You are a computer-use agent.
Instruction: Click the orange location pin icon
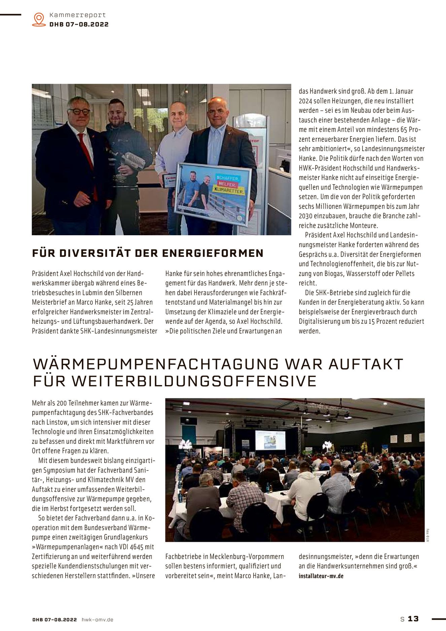(x=39, y=19)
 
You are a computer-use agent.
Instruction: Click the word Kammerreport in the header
(x=78, y=15)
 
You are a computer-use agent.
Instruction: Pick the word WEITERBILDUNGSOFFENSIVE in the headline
(x=194, y=381)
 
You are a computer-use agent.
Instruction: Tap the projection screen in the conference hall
(x=270, y=440)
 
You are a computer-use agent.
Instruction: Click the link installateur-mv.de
(x=321, y=576)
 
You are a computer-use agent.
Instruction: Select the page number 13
(x=413, y=619)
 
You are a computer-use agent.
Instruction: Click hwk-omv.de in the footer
(x=98, y=620)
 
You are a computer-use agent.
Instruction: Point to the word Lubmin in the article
(x=97, y=293)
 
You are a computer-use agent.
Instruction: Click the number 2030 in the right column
(x=306, y=216)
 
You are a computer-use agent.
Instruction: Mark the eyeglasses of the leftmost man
(x=79, y=111)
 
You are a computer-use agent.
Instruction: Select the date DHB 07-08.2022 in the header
(x=79, y=24)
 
